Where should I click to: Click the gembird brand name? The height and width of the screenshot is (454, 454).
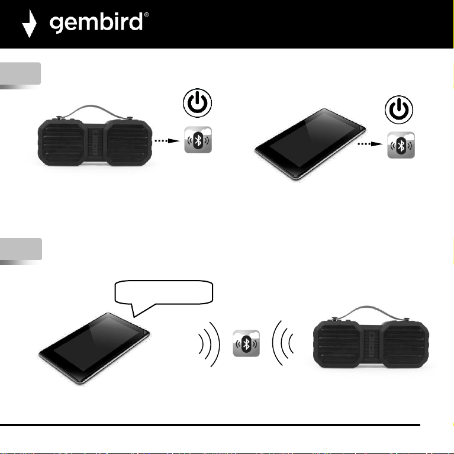click(98, 24)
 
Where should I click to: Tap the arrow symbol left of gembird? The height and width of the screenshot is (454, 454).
click(30, 24)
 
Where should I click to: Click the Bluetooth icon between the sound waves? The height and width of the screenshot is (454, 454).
click(246, 343)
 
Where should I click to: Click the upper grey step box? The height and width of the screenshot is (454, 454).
click(21, 74)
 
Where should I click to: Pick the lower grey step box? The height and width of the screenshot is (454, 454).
click(21, 249)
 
